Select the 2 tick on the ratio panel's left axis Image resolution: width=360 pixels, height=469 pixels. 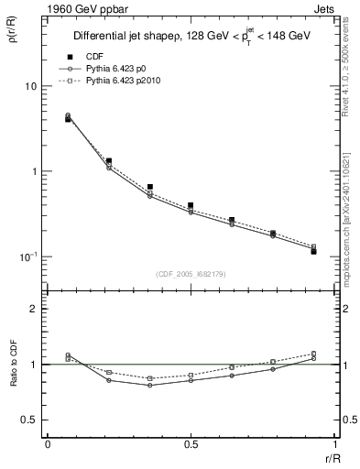(36, 309)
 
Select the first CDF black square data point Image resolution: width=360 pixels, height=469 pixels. (68, 119)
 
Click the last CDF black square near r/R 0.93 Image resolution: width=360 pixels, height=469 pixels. (313, 251)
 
